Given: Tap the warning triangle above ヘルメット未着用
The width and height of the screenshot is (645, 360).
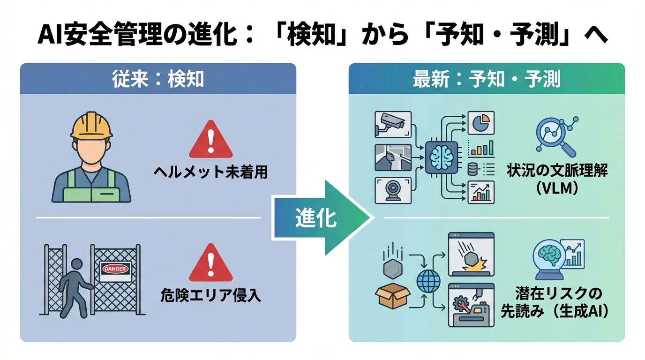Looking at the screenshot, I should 210,140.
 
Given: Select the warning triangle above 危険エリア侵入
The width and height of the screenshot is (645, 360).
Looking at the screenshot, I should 210,263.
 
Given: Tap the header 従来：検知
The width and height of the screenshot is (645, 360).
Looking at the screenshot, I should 158,79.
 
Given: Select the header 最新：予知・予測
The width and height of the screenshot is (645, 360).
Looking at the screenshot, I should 486,79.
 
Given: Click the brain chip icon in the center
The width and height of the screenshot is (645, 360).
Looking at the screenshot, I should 441,157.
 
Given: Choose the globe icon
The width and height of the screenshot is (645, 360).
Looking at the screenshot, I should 429,282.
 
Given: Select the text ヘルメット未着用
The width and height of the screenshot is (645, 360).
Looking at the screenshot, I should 210,172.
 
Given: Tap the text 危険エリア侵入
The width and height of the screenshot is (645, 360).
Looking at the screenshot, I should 210,295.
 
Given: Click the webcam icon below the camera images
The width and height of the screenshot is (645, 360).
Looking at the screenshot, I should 393,190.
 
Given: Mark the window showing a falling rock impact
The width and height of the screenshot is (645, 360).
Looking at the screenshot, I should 471,255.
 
